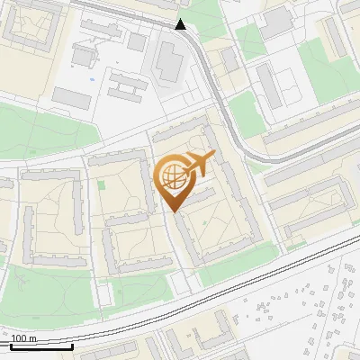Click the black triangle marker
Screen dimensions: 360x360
[x=181, y=24]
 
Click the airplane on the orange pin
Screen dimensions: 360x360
[x=197, y=164]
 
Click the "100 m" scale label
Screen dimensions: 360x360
[x=24, y=337]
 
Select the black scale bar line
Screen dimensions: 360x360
[x=41, y=346]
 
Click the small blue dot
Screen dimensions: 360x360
[x=93, y=79]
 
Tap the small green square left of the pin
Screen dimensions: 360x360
[x=101, y=185]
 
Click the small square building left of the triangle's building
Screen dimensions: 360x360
[x=137, y=41]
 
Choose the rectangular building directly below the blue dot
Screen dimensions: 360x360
[x=72, y=97]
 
